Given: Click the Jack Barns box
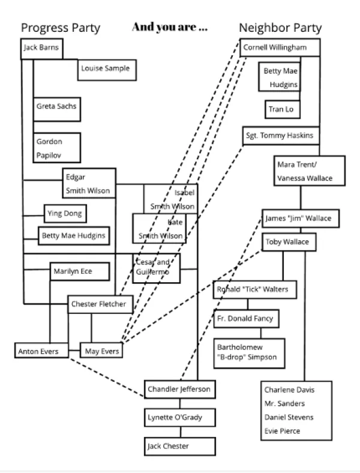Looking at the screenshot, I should click(x=41, y=48).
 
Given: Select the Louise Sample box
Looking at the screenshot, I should click(x=106, y=69).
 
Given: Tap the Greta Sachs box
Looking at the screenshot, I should click(x=55, y=107).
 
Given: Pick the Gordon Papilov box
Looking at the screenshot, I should click(x=56, y=148).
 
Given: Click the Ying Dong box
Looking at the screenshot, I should click(x=65, y=212).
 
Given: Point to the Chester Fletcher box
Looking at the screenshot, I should click(x=99, y=304).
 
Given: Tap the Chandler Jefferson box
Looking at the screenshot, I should click(x=179, y=390).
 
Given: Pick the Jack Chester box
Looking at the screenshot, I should click(x=179, y=447).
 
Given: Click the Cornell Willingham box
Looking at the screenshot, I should click(x=280, y=47).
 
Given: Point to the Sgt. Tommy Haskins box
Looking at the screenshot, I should click(x=280, y=136).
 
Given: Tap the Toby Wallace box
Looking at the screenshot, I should click(x=289, y=242).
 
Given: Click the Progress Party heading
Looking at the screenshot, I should click(x=61, y=28).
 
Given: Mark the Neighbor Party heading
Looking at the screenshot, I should click(x=280, y=28).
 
